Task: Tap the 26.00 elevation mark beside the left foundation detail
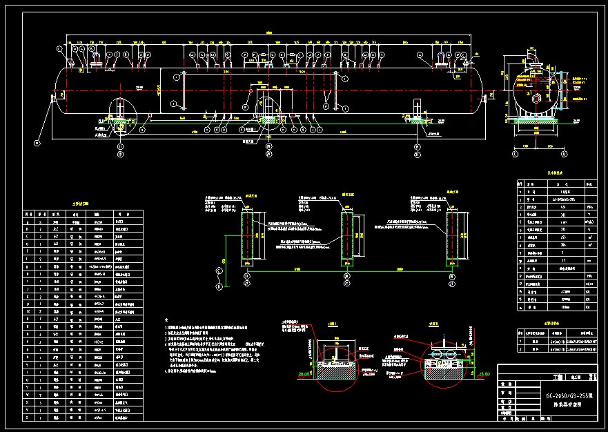301,374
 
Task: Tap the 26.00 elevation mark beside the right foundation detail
484,374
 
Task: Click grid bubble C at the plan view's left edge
220,271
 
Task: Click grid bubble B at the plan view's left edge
220,285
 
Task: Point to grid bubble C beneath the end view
556,155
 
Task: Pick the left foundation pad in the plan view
246,237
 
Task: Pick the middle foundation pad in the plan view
347,237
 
